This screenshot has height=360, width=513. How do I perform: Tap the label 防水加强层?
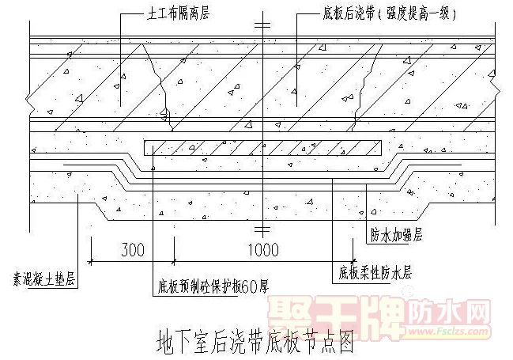pyautogui.click(x=396, y=236)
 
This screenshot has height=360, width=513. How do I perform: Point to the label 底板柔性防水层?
pyautogui.click(x=375, y=273)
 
